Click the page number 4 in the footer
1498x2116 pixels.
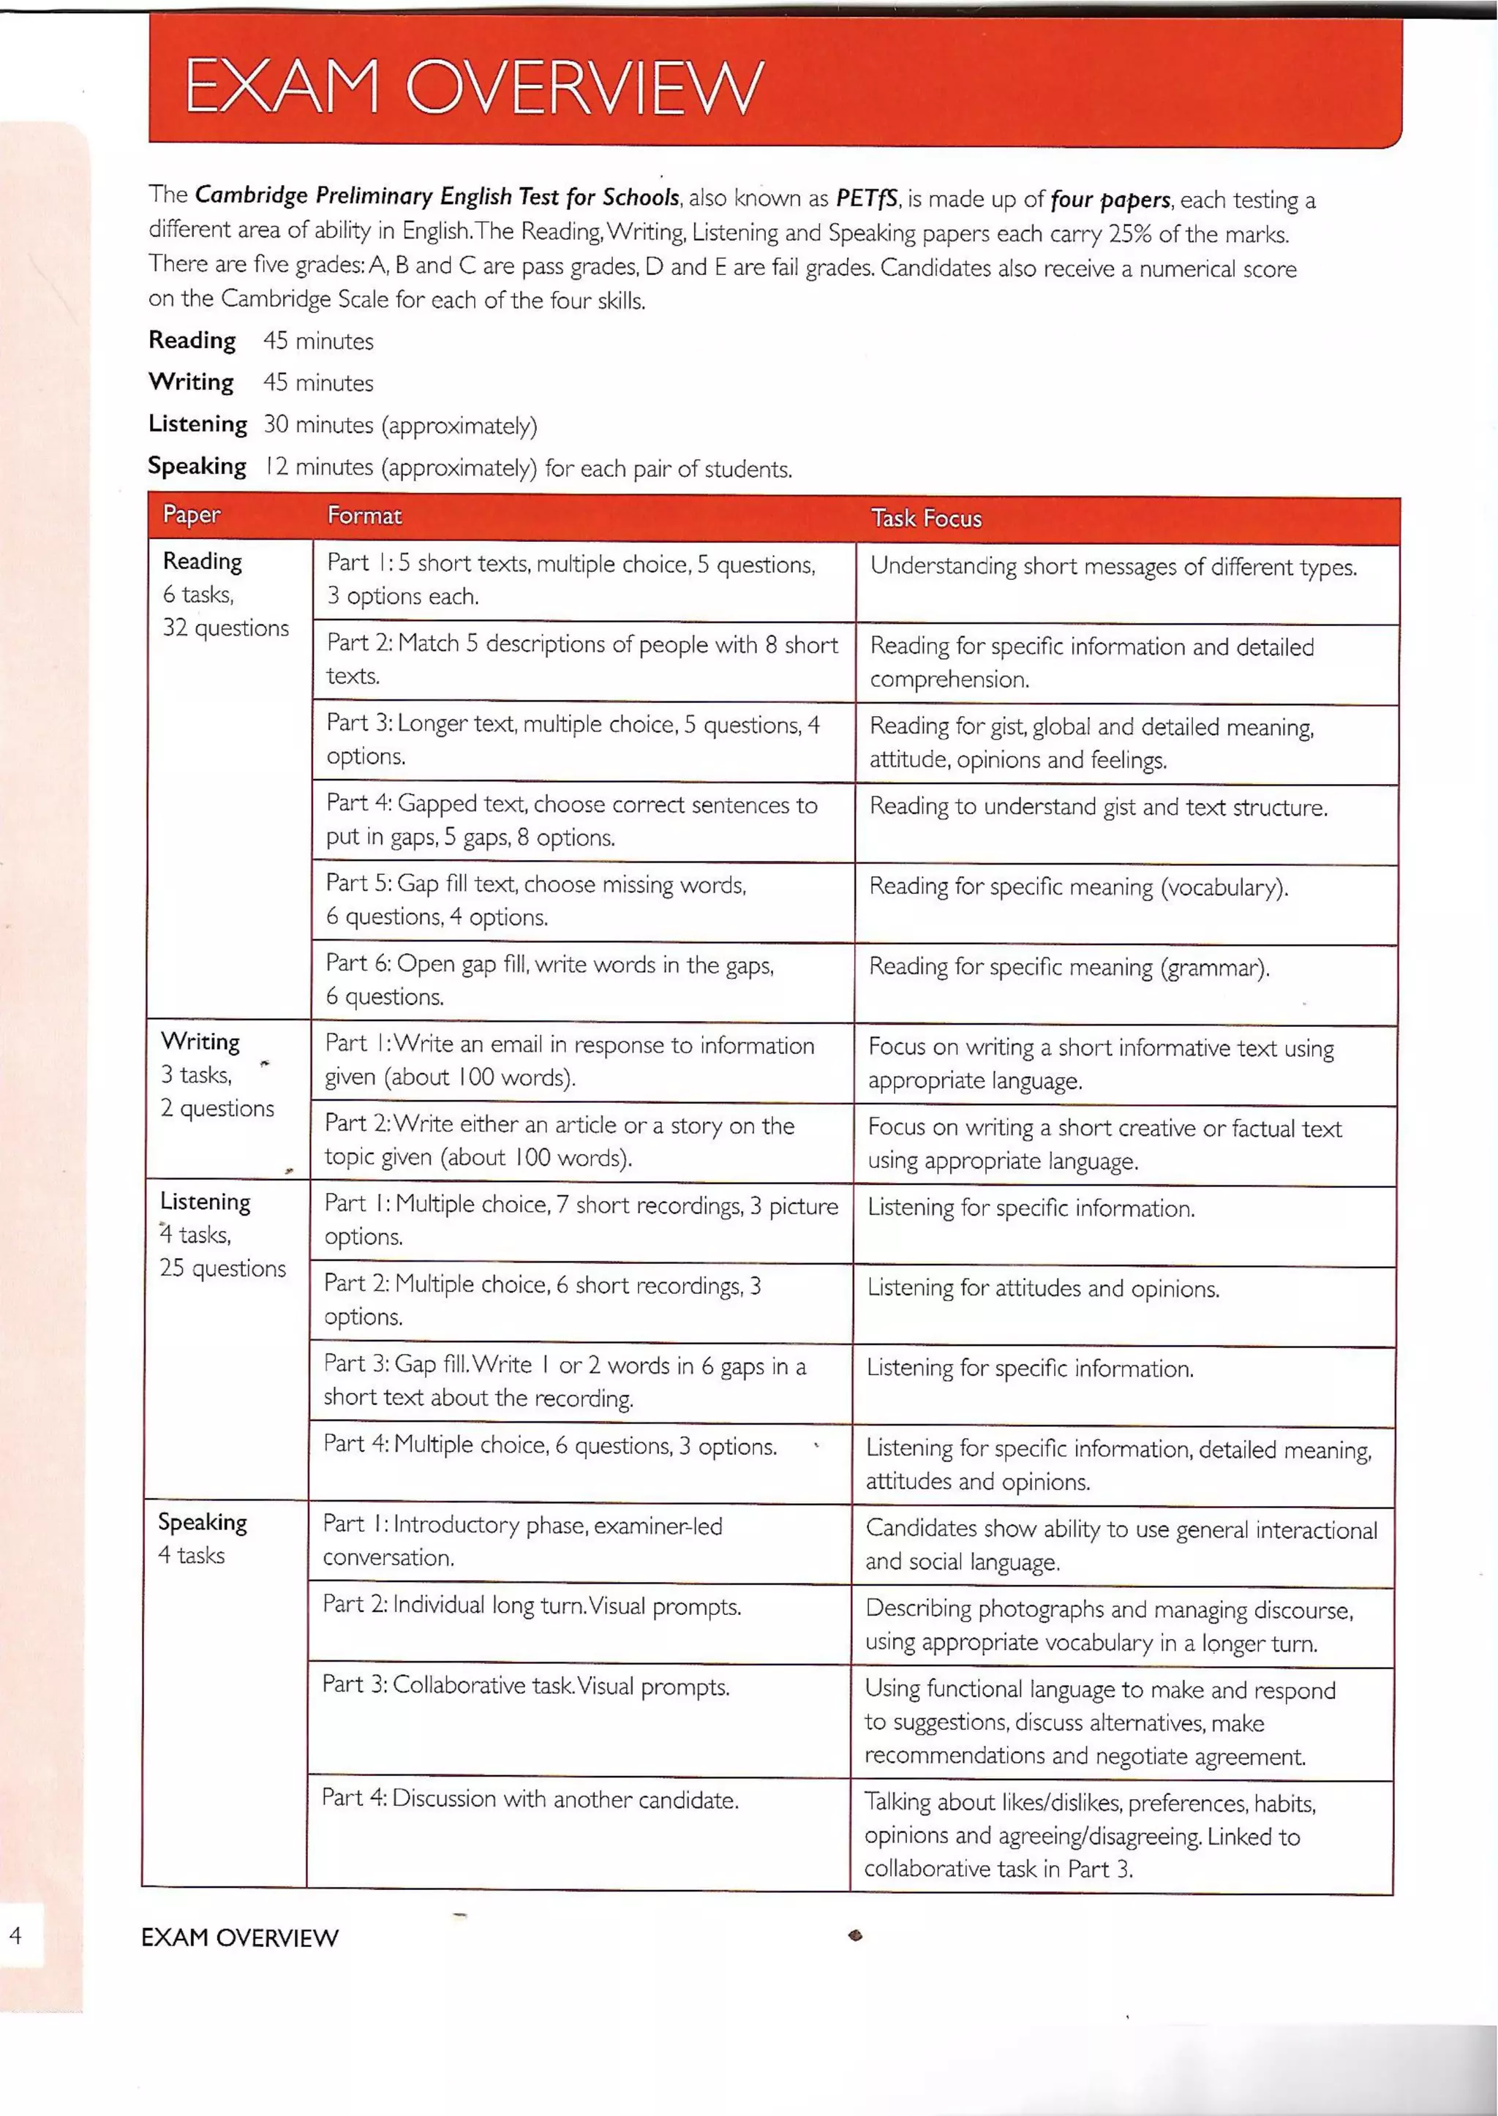15,1935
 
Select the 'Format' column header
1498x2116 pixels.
364,516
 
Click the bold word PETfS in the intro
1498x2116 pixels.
866,198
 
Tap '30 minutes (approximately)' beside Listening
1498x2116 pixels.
399,425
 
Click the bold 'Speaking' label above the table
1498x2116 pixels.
197,467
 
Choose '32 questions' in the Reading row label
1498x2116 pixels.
226,628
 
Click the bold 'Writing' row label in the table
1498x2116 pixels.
200,1042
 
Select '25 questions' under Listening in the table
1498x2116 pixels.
222,1268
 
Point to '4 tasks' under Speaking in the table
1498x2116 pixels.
191,1555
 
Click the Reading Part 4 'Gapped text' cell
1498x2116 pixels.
572,821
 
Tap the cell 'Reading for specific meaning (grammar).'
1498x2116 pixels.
1069,968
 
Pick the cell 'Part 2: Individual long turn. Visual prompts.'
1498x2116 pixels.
531,1606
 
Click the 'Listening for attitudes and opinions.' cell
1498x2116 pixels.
1042,1289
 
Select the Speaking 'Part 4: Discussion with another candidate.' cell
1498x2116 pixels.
530,1799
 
